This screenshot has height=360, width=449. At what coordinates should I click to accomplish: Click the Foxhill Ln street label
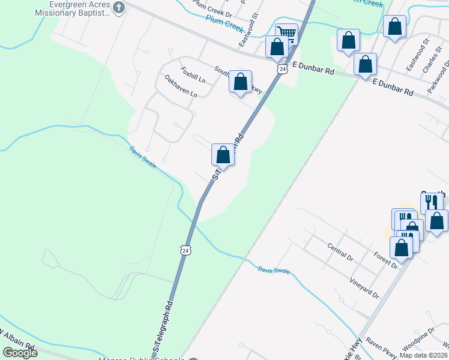193,75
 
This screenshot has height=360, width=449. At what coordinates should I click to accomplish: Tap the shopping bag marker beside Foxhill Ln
241,83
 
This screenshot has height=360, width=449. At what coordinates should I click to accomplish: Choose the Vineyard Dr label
364,287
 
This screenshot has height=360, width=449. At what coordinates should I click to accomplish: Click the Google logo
20,353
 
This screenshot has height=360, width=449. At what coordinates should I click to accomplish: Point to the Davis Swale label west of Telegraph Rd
142,157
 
